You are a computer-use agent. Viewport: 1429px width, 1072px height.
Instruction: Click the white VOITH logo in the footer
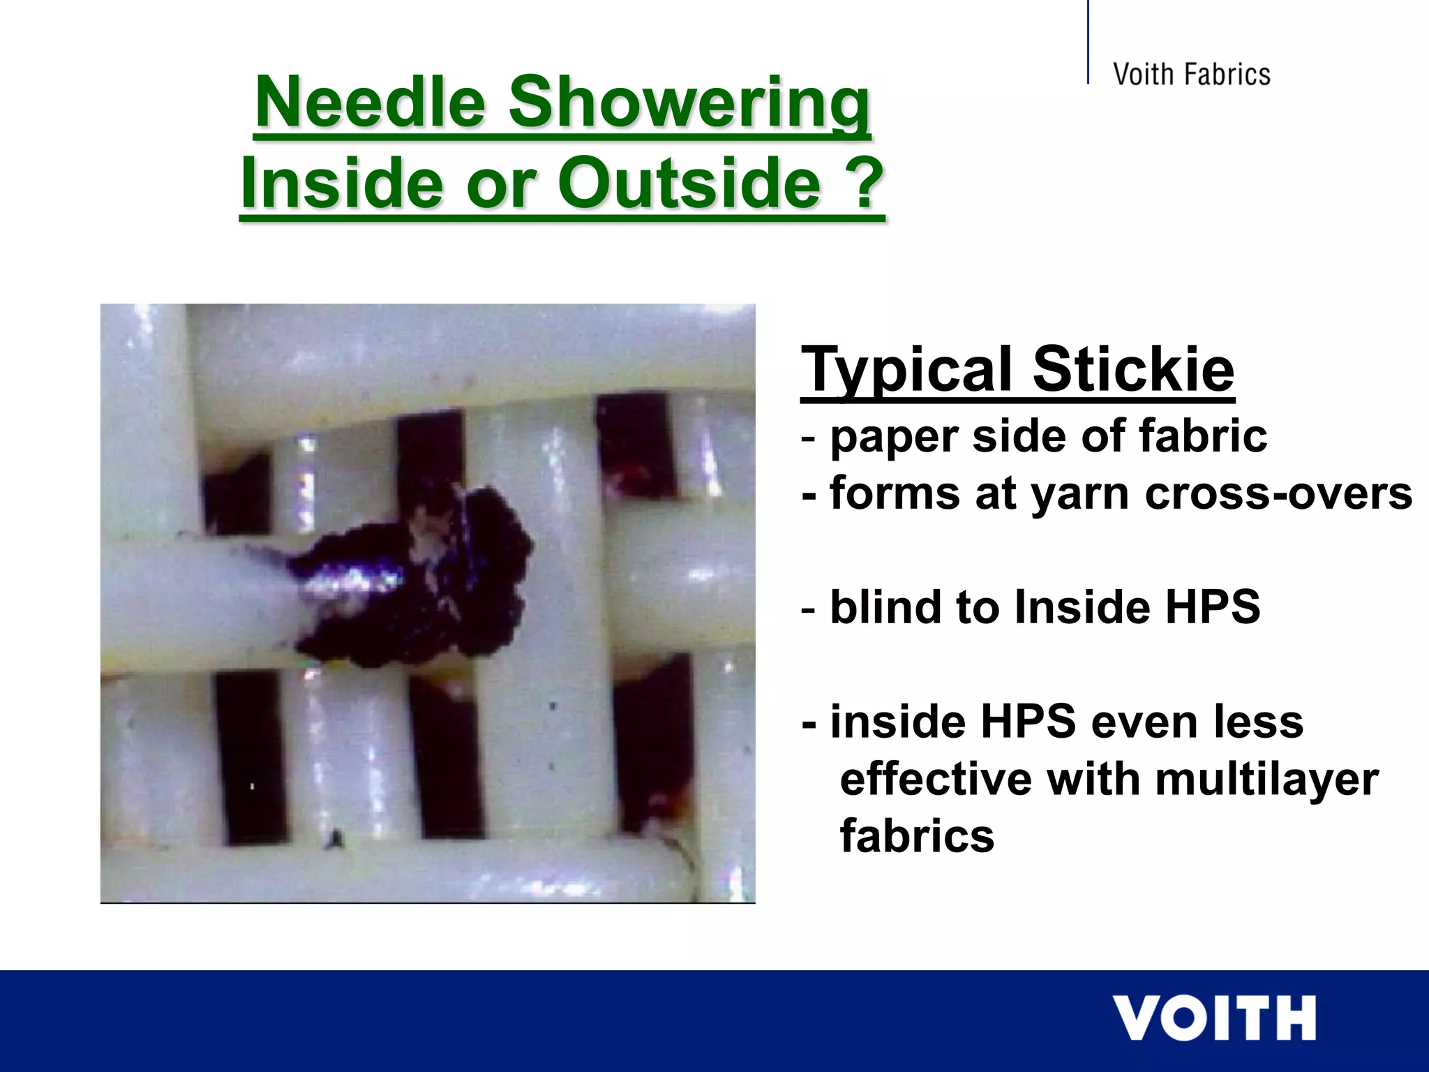(1214, 1019)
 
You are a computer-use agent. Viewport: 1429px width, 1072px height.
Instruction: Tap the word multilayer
(1266, 779)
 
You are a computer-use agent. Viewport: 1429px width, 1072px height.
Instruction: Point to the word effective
(935, 779)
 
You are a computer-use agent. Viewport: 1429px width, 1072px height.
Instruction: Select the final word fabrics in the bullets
(917, 836)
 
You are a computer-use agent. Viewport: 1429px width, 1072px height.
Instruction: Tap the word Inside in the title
(342, 183)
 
